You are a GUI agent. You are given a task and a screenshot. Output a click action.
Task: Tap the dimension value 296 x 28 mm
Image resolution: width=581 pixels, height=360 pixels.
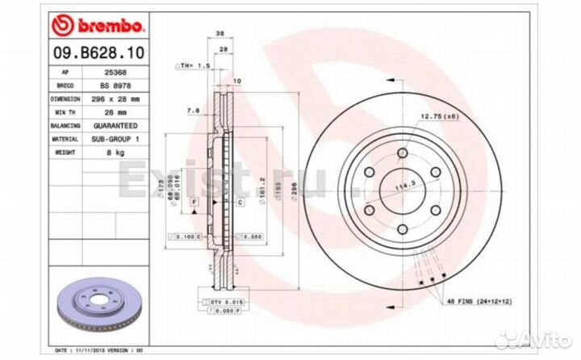point(108,98)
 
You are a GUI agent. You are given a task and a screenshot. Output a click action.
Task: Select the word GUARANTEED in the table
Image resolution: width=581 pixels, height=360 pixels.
point(108,126)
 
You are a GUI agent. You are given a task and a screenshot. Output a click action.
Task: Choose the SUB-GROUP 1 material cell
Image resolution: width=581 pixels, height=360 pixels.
point(108,140)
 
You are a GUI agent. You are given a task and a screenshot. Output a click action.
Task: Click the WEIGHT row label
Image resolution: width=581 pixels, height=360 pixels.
point(66,153)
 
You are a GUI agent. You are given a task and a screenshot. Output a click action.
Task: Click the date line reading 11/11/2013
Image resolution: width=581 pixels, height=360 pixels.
point(97,350)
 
